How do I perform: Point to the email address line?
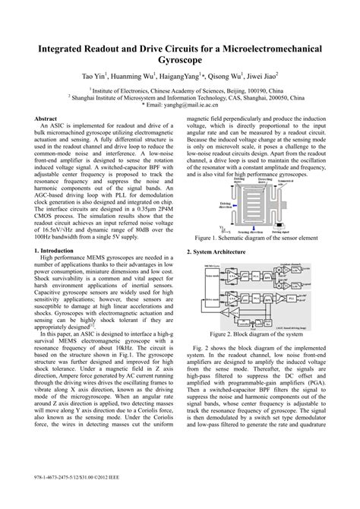click(x=179, y=105)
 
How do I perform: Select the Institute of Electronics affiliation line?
click(x=180, y=90)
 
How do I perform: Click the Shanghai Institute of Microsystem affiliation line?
click(x=180, y=97)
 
